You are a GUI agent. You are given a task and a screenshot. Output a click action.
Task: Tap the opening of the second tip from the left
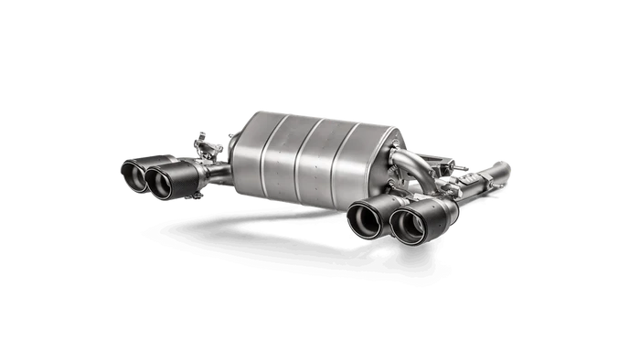(x=159, y=184)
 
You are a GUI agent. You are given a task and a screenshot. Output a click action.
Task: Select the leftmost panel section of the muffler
(x=247, y=155)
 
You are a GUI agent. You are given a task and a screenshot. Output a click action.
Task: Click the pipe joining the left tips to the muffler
(x=218, y=171)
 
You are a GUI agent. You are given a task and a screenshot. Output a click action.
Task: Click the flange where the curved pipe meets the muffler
(x=392, y=163)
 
